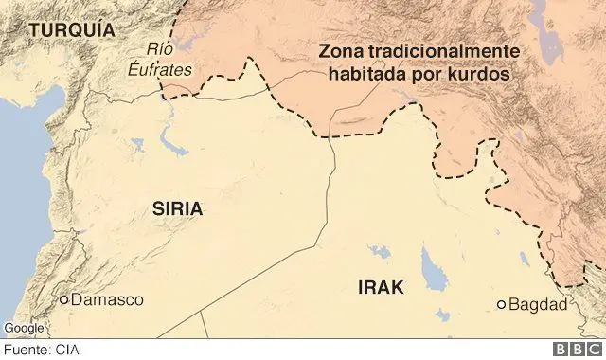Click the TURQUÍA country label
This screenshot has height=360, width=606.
coord(71,30)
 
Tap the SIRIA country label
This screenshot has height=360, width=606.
coord(178,210)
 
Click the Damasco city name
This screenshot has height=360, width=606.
coord(107,300)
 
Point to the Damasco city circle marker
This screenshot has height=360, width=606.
coord(64,300)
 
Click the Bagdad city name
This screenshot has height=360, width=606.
coord(537,305)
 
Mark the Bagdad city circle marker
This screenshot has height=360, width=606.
coord(501,305)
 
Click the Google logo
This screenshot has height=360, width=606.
coord(25,328)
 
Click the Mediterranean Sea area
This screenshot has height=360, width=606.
coord(19,189)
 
